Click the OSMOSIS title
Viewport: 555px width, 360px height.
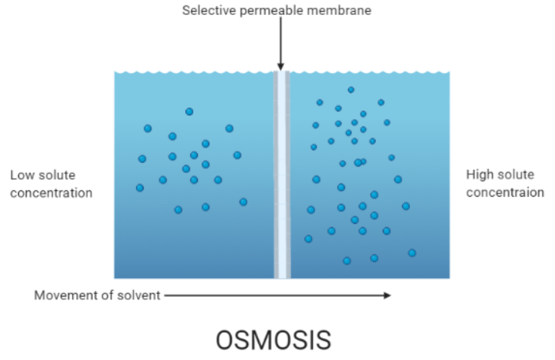(273, 340)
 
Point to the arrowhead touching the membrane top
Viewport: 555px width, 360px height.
(281, 67)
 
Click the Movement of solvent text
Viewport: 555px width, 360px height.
(97, 295)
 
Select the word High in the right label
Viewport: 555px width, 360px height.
(480, 175)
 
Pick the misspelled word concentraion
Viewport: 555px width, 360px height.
(505, 192)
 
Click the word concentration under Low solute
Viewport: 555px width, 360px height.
(51, 193)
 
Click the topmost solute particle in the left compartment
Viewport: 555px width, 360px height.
(190, 112)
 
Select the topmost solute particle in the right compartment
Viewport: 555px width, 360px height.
(350, 89)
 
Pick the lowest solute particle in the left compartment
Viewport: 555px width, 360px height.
(178, 210)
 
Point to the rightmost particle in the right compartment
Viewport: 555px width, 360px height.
(412, 253)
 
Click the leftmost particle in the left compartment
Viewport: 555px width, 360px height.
(140, 188)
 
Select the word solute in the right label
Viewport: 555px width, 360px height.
(515, 175)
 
